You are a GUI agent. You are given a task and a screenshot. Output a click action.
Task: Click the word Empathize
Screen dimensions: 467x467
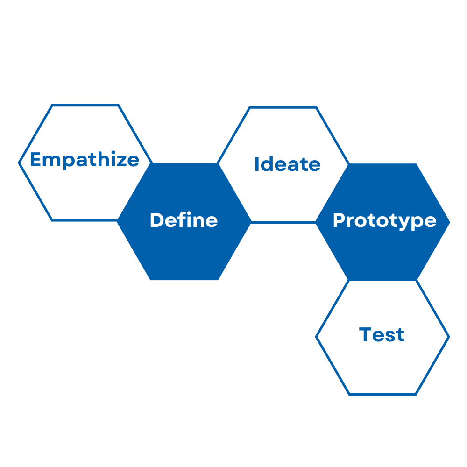(x=85, y=160)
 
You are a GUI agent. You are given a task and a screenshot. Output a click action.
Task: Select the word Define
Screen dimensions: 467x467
(x=184, y=220)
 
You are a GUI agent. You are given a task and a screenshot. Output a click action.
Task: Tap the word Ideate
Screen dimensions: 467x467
(x=288, y=164)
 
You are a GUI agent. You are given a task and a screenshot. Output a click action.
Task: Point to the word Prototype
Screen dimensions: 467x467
(x=385, y=221)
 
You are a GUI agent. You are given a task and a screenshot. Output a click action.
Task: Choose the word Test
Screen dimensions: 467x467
(x=382, y=334)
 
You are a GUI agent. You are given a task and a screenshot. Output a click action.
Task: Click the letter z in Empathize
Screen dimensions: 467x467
(x=121, y=161)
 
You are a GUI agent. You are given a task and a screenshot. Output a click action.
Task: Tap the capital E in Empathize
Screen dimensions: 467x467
(x=35, y=159)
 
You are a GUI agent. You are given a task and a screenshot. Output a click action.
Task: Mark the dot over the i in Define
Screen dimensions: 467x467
(x=189, y=213)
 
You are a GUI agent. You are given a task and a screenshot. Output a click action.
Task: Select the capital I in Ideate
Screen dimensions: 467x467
(x=257, y=164)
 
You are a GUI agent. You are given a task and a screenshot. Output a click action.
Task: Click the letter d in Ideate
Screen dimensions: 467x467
(x=267, y=164)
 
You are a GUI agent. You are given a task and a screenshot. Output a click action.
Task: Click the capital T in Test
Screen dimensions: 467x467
(x=365, y=334)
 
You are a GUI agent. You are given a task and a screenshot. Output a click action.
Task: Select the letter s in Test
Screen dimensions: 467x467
(x=390, y=336)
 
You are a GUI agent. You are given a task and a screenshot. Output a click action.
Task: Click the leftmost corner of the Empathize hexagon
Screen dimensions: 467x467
(x=19, y=163)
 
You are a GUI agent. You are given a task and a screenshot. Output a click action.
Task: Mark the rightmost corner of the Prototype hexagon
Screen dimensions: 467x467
(x=450, y=222)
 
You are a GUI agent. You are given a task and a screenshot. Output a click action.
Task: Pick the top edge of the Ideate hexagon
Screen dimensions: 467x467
(x=283, y=107)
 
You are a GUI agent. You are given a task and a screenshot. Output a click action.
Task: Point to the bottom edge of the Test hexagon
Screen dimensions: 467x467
(x=382, y=394)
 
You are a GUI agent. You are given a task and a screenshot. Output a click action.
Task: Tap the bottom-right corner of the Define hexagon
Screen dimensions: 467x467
(x=218, y=280)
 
